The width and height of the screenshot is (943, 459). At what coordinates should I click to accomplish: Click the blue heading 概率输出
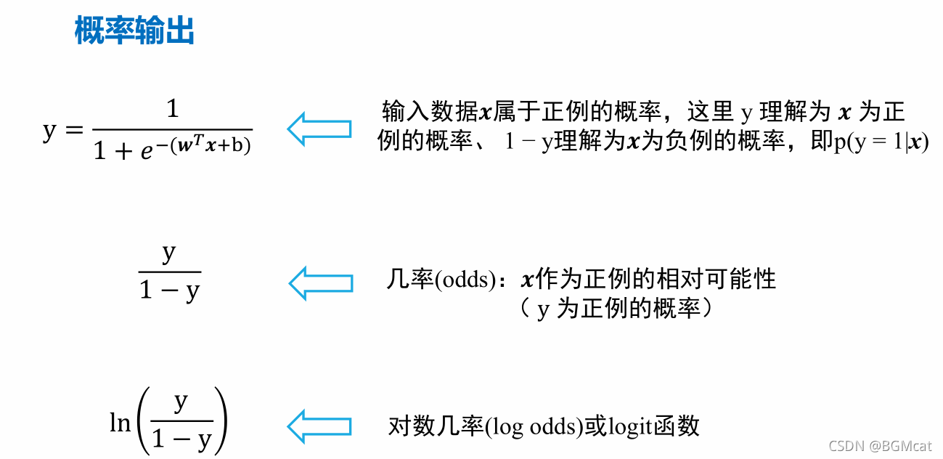[135, 32]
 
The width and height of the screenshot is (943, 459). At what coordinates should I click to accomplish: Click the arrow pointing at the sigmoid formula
[319, 129]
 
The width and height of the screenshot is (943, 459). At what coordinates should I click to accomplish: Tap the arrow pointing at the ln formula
[319, 425]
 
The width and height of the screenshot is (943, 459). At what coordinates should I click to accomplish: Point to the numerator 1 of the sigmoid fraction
[172, 110]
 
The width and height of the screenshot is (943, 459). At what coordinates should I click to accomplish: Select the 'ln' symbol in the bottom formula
[120, 423]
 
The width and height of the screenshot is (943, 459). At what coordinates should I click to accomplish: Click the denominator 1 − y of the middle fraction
[169, 291]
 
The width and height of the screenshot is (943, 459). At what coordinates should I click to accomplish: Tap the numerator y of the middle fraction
[169, 254]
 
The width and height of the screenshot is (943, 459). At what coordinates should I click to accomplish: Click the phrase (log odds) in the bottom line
[534, 426]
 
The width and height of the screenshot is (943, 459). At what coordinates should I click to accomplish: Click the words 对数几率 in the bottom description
[436, 426]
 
